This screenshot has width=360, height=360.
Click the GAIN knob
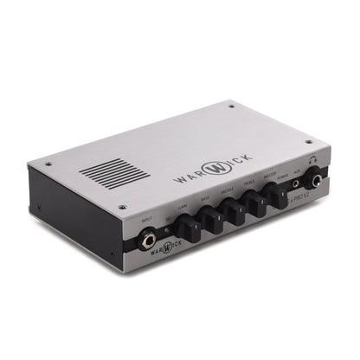[186, 228]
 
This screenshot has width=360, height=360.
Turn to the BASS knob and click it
[211, 218]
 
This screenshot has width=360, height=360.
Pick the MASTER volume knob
[280, 194]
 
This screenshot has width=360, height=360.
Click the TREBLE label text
[249, 183]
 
